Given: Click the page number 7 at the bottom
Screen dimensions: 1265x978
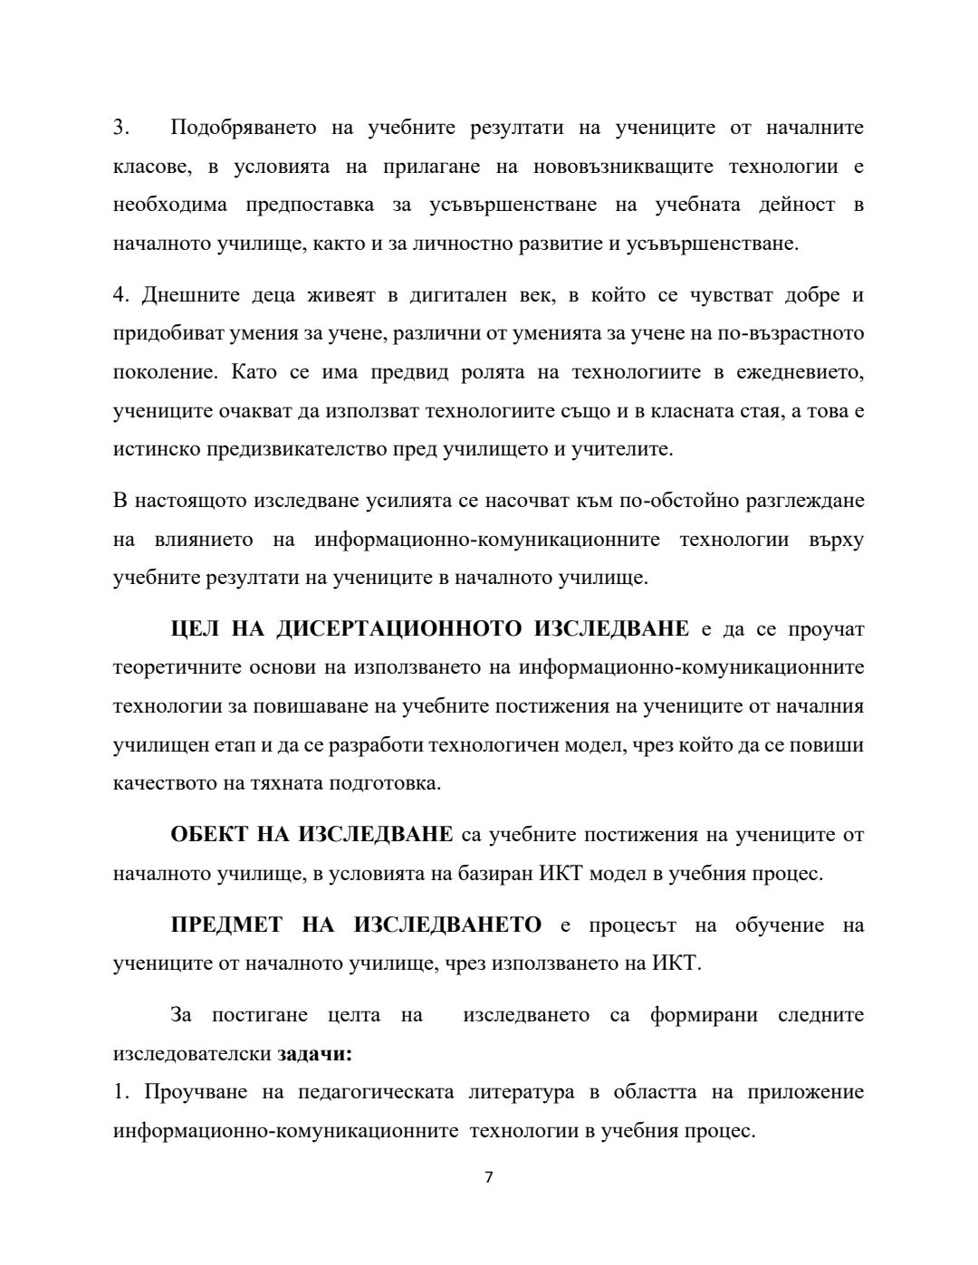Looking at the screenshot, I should (488, 1177).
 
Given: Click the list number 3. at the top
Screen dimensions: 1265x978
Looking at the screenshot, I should (121, 128).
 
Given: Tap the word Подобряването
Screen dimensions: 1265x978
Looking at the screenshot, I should (244, 128).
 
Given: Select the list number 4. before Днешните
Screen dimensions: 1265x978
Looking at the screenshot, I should (122, 295).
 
